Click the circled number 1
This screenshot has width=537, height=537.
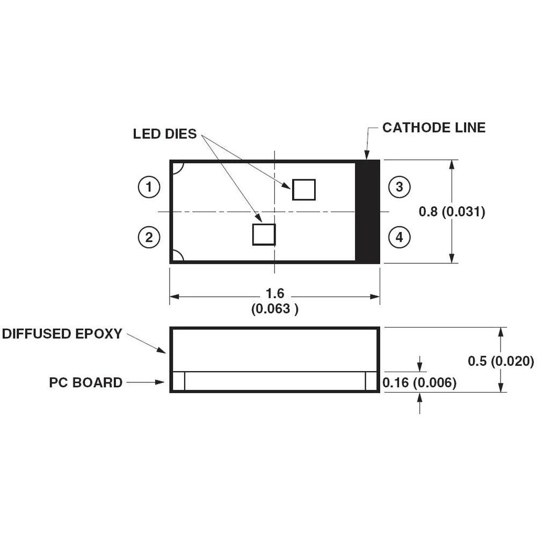149,187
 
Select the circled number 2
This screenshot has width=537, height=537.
149,237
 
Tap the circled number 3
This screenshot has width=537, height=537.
399,187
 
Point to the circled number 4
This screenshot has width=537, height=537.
399,237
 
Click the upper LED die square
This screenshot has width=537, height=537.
303,190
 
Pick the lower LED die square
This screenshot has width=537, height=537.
264,234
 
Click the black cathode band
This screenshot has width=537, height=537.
368,212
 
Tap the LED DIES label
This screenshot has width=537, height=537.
165,134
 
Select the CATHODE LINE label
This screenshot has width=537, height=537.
433,128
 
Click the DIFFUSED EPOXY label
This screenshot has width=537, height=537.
62,333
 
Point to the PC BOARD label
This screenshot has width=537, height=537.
86,382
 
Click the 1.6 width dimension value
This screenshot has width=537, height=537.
275,294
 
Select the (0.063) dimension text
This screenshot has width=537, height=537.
274,309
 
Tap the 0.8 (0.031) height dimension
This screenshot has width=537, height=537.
452,212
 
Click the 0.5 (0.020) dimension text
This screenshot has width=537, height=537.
500,361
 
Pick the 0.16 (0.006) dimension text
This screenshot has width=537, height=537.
419,382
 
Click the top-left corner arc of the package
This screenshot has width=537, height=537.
178,168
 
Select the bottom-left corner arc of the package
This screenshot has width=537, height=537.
178,256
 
